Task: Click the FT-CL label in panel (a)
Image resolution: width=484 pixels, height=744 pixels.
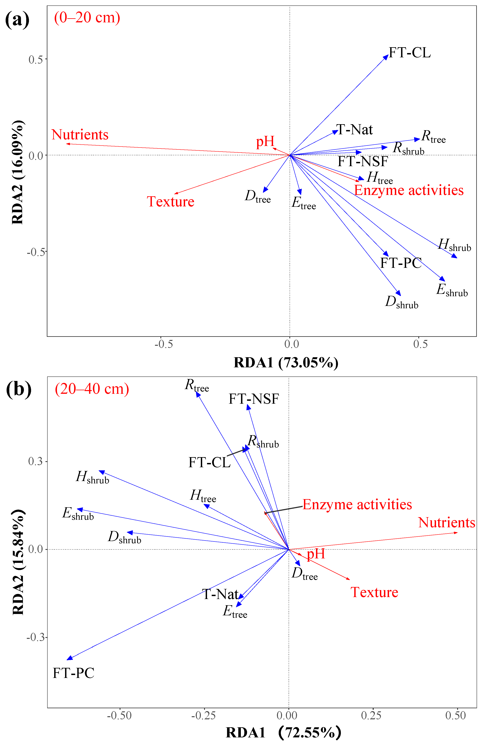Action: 409,52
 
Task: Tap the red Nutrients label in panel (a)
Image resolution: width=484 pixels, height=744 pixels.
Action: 80,135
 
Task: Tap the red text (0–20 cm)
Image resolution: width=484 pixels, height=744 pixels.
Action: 87,17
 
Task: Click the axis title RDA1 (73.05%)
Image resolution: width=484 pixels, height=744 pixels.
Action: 286,363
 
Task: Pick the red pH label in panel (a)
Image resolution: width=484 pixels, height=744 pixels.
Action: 265,142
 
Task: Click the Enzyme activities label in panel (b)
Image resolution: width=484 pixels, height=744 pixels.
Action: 357,505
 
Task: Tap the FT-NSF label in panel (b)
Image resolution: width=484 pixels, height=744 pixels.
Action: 254,399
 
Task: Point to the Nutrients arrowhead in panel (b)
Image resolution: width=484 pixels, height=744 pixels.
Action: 456,532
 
